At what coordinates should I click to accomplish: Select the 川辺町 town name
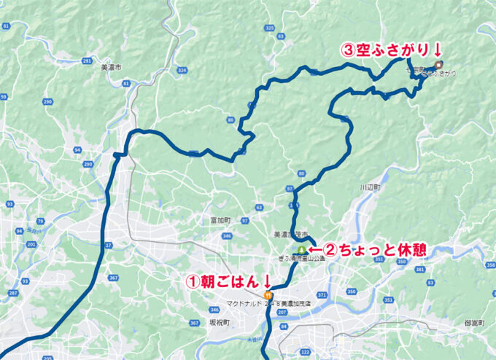(371, 187)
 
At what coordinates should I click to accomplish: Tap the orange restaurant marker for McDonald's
(268, 295)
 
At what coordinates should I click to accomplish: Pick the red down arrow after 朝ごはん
(267, 280)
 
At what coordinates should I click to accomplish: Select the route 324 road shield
(182, 71)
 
